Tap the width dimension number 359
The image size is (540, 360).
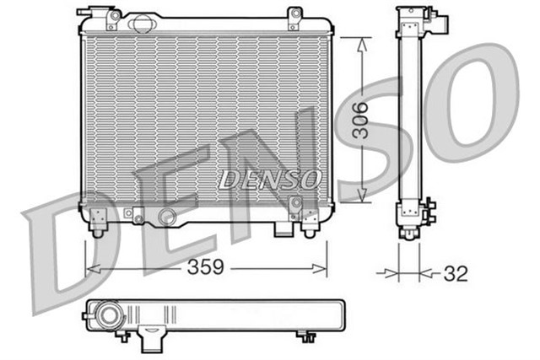pyautogui.click(x=206, y=267)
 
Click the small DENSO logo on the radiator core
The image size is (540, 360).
pyautogui.click(x=270, y=179)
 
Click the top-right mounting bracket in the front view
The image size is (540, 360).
pyautogui.click(x=294, y=14)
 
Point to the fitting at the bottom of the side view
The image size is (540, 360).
pyautogui.click(x=429, y=211)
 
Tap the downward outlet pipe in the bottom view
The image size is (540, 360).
pyautogui.click(x=152, y=340)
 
